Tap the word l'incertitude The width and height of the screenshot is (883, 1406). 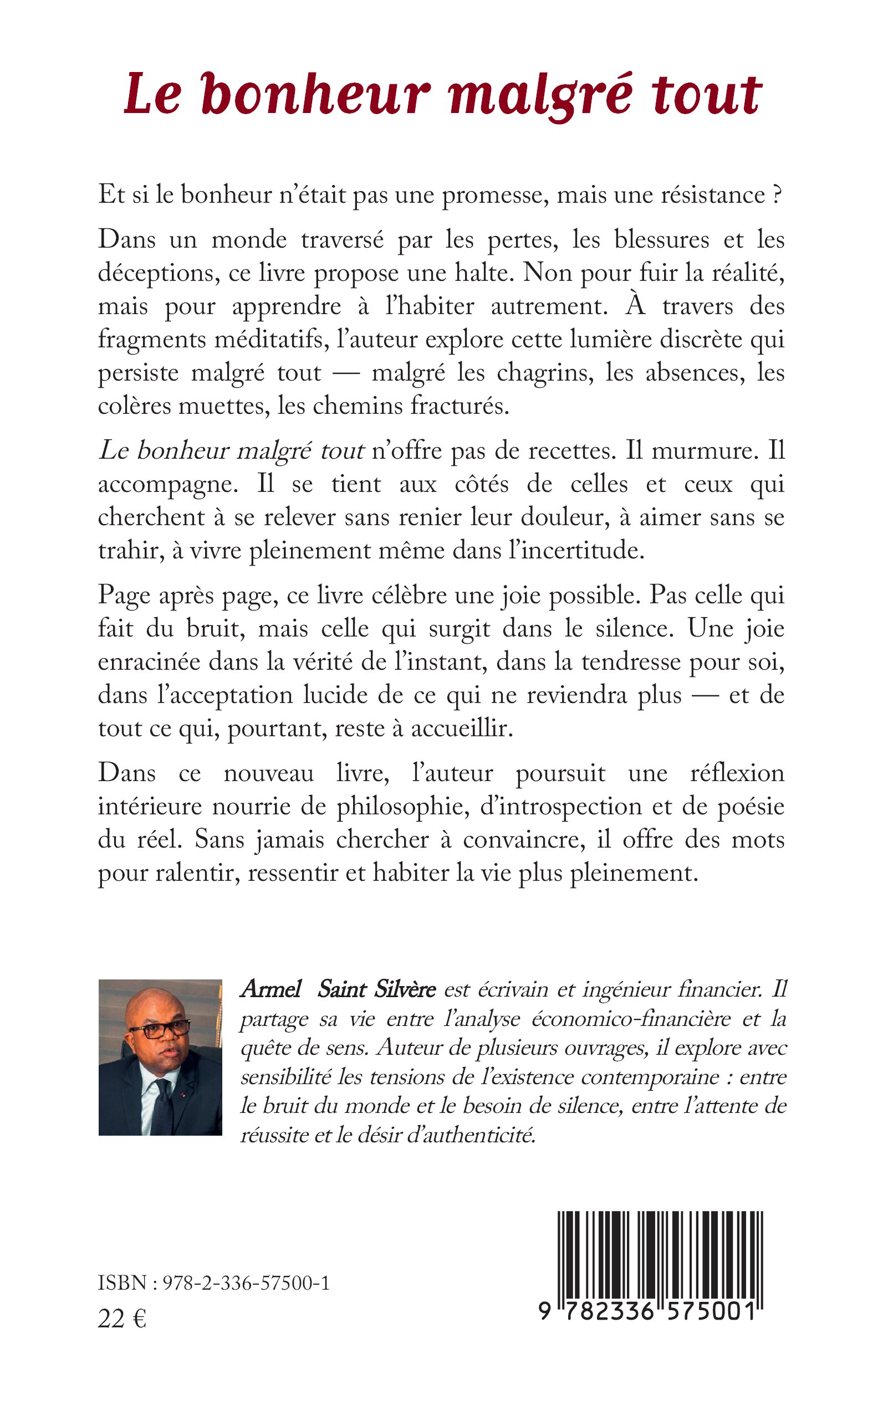576,550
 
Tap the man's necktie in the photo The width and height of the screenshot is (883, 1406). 162,1103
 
